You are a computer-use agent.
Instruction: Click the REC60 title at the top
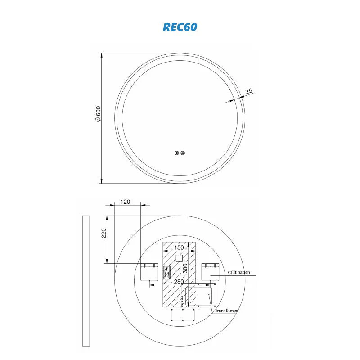180,27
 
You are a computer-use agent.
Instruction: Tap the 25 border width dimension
249,91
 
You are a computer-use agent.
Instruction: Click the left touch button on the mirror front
176,153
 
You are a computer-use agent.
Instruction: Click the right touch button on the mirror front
183,153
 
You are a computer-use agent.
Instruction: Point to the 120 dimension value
126,202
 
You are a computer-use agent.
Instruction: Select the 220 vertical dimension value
103,233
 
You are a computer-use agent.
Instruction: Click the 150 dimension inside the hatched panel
179,247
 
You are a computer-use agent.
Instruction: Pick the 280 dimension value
179,281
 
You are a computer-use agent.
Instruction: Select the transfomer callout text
226,310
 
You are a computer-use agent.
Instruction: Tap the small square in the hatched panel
179,258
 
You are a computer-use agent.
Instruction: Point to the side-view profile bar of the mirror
86,281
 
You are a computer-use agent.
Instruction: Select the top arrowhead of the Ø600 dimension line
102,55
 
